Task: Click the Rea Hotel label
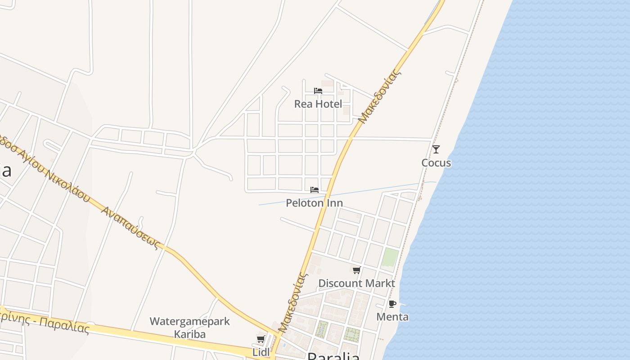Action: (x=318, y=104)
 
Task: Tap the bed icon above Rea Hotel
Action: (x=318, y=91)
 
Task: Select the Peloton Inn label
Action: (x=314, y=203)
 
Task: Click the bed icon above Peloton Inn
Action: (x=315, y=190)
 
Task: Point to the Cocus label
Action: (x=436, y=163)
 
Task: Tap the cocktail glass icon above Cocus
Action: (x=436, y=149)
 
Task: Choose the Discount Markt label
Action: (x=356, y=283)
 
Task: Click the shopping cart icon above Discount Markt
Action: (x=356, y=270)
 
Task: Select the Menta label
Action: (x=392, y=317)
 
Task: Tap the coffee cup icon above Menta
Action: (x=392, y=304)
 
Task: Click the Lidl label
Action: (x=261, y=352)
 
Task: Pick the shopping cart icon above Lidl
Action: (x=261, y=339)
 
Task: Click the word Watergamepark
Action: (x=189, y=322)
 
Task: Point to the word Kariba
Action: (x=189, y=334)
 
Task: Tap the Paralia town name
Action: (x=333, y=356)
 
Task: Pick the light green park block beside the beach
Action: (x=390, y=257)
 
